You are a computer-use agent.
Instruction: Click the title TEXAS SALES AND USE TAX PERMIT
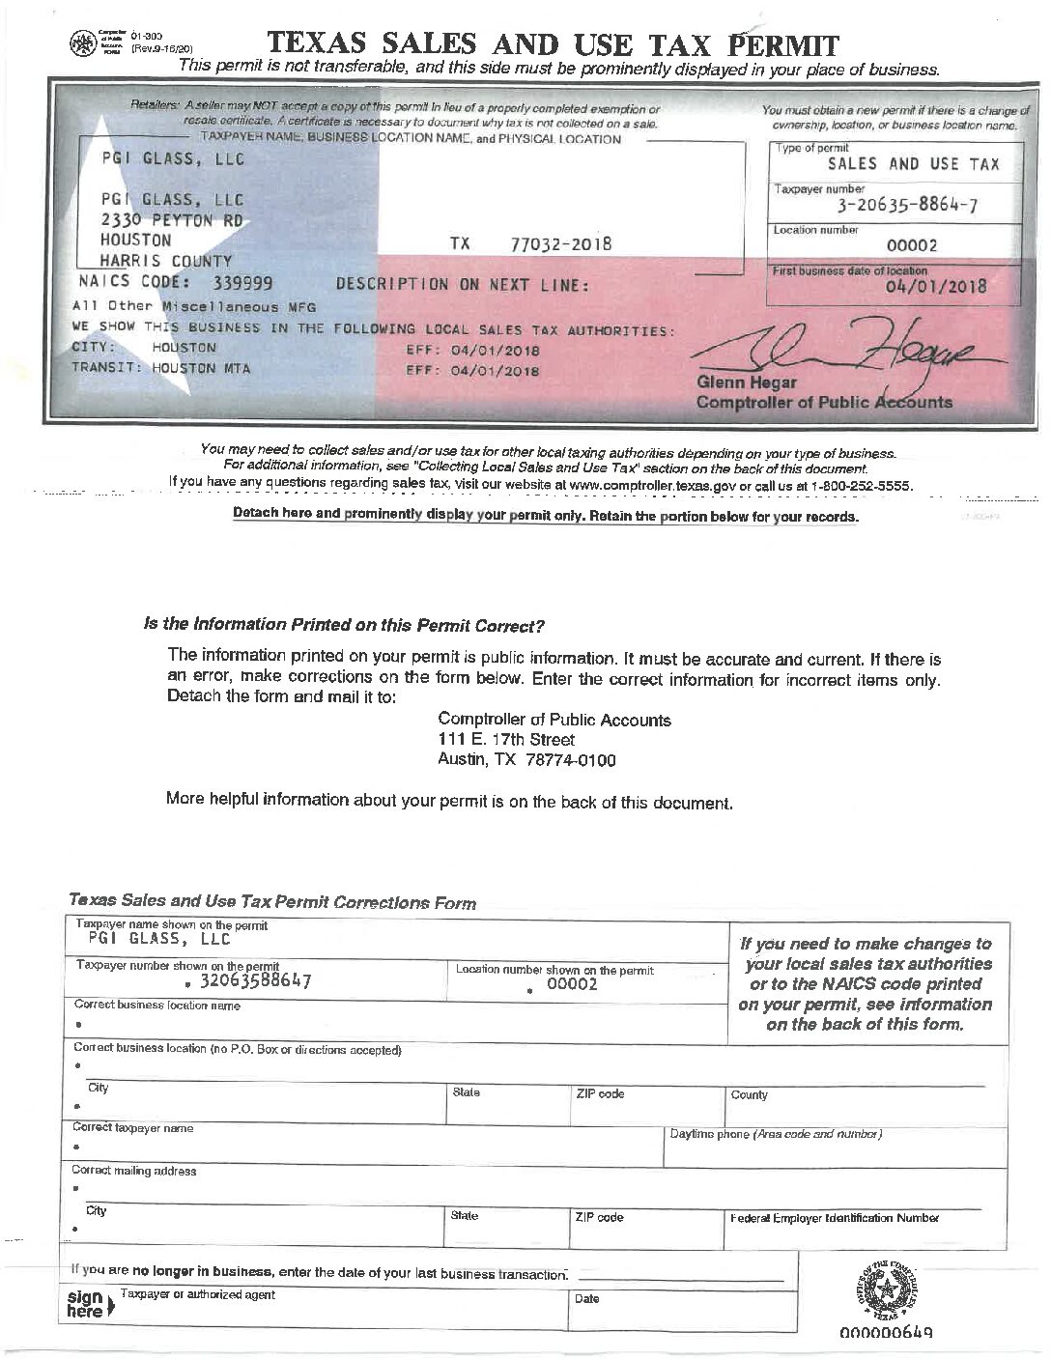pos(553,43)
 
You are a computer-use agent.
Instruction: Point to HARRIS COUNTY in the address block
pos(166,261)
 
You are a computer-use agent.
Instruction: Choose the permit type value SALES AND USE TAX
pos(913,164)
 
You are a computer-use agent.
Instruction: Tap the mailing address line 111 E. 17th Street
pos(506,740)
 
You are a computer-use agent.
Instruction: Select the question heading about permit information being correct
pos(345,625)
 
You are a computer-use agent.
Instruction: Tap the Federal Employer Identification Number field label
pos(834,1218)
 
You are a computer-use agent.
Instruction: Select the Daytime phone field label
pos(775,1134)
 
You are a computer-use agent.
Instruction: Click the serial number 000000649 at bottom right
pos(885,1334)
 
